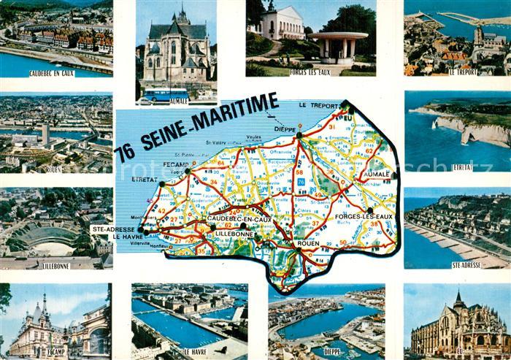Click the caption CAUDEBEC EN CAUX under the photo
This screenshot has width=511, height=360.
(52, 73)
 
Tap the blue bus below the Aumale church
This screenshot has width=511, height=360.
(166, 94)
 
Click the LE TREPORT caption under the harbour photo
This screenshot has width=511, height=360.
(463, 72)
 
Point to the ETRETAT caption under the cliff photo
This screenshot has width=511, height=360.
(462, 167)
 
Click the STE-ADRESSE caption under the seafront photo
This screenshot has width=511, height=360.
(466, 265)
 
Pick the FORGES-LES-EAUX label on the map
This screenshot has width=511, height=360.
(364, 217)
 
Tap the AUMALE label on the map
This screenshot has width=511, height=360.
(377, 175)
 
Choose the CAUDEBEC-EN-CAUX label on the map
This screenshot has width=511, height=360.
(239, 218)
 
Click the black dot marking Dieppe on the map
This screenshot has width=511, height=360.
(299, 134)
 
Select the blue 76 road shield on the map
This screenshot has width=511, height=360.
(300, 182)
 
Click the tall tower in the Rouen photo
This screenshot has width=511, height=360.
(45, 134)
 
